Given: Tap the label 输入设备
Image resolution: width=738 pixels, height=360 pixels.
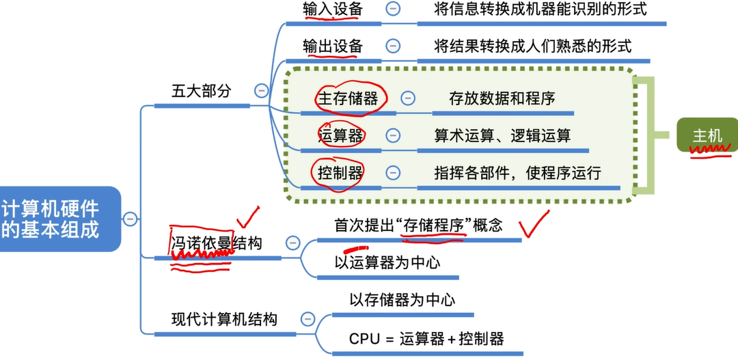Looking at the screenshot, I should click(x=333, y=10).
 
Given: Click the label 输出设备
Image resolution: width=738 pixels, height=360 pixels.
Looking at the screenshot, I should click(x=333, y=46).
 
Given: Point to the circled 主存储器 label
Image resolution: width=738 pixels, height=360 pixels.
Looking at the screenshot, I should click(x=348, y=98).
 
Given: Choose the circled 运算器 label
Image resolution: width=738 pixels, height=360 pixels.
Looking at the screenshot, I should click(x=340, y=135).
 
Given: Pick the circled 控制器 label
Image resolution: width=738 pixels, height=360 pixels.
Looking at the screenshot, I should click(x=340, y=173).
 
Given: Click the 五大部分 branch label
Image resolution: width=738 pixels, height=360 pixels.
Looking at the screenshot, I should click(x=201, y=91).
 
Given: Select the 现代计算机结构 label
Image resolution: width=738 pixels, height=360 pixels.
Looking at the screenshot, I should click(x=224, y=319).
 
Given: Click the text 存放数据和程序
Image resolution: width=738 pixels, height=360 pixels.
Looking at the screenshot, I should click(x=502, y=98).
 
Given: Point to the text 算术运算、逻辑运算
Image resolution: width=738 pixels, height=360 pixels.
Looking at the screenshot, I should click(x=502, y=135).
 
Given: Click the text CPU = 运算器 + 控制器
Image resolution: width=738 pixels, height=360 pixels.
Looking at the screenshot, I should click(x=426, y=338).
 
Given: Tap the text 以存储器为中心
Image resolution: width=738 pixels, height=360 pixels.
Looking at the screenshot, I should click(x=402, y=300).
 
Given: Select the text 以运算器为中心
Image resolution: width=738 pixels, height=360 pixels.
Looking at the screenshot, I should click(x=387, y=262).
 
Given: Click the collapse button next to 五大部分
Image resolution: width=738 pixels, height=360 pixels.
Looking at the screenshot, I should click(x=260, y=90).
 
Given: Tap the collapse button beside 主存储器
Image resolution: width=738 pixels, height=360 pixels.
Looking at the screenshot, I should click(x=408, y=98).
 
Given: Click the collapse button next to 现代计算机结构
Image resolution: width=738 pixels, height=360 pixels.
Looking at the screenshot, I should click(x=307, y=319).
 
